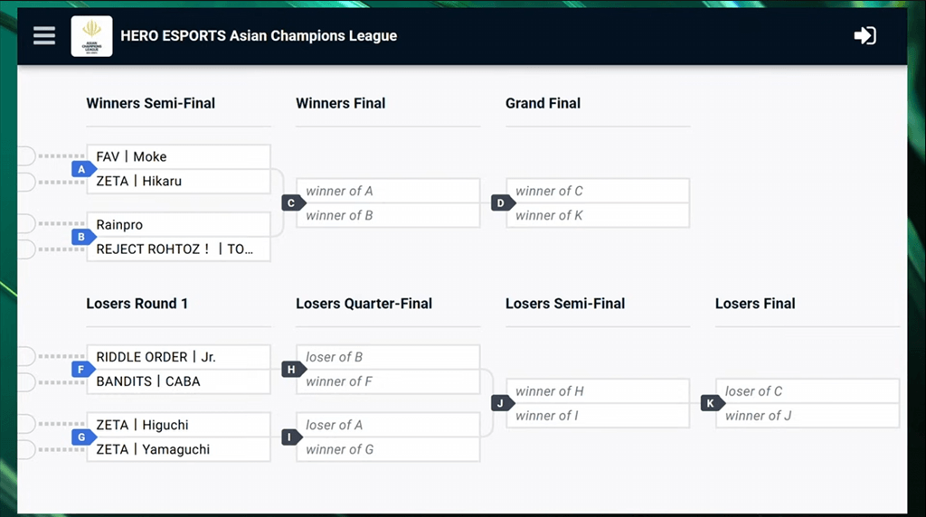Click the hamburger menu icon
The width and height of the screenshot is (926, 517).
click(x=44, y=35)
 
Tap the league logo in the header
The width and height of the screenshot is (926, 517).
click(x=91, y=36)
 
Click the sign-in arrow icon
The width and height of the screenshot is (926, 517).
click(x=865, y=35)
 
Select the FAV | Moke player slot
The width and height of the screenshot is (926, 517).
click(x=178, y=156)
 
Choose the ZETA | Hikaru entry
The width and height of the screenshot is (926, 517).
click(x=178, y=181)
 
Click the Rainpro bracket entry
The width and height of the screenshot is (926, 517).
click(x=178, y=224)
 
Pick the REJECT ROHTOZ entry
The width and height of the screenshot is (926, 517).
click(x=178, y=249)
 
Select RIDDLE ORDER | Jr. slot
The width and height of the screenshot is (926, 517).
click(x=178, y=357)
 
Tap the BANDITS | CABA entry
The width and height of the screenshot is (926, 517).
click(x=178, y=381)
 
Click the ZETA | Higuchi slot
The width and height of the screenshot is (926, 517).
click(x=178, y=425)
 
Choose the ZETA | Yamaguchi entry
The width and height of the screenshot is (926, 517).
click(x=178, y=449)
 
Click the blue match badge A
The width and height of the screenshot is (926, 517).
click(x=83, y=169)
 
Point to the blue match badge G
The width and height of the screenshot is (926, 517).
click(x=83, y=437)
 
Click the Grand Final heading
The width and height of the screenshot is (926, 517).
click(x=543, y=103)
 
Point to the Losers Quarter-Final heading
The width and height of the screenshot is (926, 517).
click(x=364, y=304)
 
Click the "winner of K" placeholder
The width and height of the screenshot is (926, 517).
click(x=598, y=215)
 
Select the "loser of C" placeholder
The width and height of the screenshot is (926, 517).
click(x=808, y=391)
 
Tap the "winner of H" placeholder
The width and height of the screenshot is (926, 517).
click(x=598, y=391)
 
